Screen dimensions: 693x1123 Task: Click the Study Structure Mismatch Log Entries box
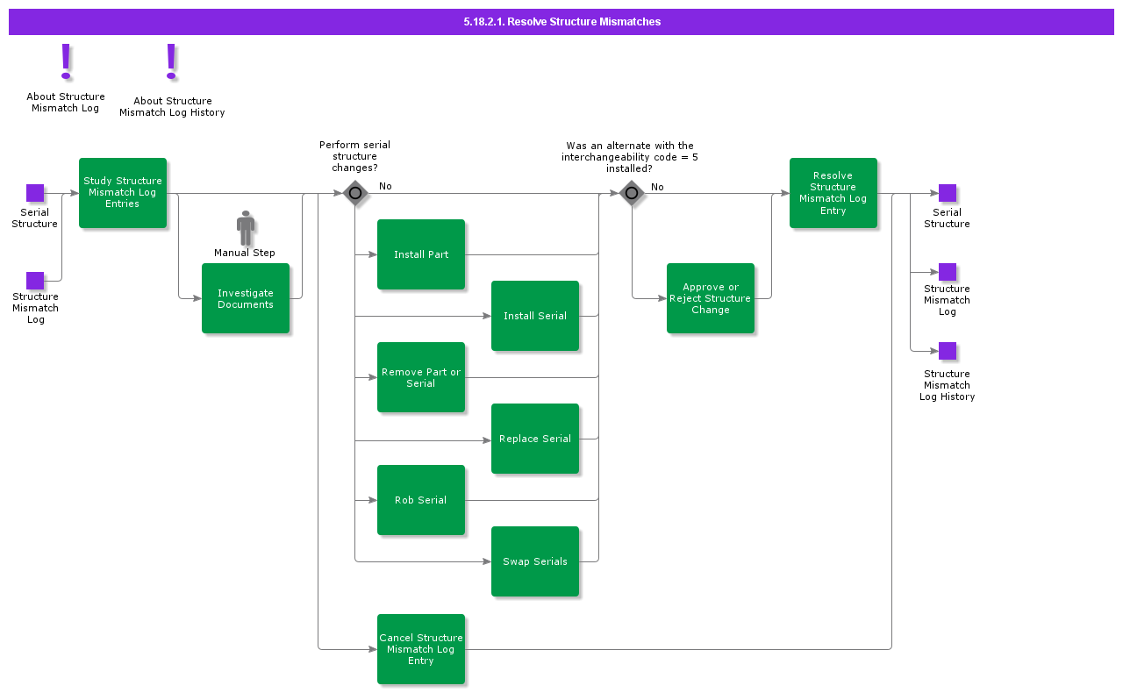tap(123, 193)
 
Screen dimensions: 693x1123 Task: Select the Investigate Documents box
tap(246, 298)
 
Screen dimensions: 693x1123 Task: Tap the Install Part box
tap(421, 254)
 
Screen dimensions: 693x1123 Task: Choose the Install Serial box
tap(535, 316)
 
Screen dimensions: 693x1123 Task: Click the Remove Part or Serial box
tap(421, 377)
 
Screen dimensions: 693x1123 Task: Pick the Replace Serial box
tap(535, 439)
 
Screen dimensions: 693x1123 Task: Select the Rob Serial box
tap(421, 500)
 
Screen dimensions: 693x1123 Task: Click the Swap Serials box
tap(535, 561)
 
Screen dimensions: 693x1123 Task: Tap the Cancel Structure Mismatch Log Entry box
tap(421, 649)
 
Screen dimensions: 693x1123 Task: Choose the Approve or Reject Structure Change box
tap(711, 298)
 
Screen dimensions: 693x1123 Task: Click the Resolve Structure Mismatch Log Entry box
tap(833, 193)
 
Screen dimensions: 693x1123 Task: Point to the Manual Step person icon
tap(246, 228)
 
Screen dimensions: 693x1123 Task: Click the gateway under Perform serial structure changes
tap(355, 193)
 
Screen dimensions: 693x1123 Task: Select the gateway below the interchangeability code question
tap(632, 193)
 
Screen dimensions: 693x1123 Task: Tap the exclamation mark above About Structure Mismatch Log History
tap(172, 62)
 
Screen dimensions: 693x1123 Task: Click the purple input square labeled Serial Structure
tap(35, 193)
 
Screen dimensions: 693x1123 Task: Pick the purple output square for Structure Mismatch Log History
tap(948, 351)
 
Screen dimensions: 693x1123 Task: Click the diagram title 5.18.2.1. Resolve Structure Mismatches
tap(561, 22)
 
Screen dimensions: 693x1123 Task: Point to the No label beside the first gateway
tap(385, 187)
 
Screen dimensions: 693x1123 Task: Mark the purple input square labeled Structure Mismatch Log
tap(35, 281)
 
